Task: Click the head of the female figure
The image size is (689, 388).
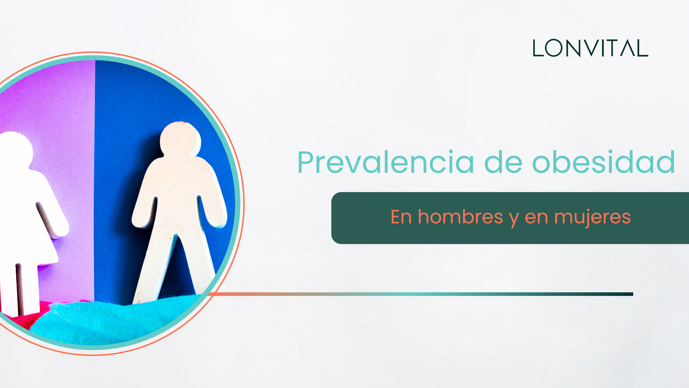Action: [15, 150]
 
